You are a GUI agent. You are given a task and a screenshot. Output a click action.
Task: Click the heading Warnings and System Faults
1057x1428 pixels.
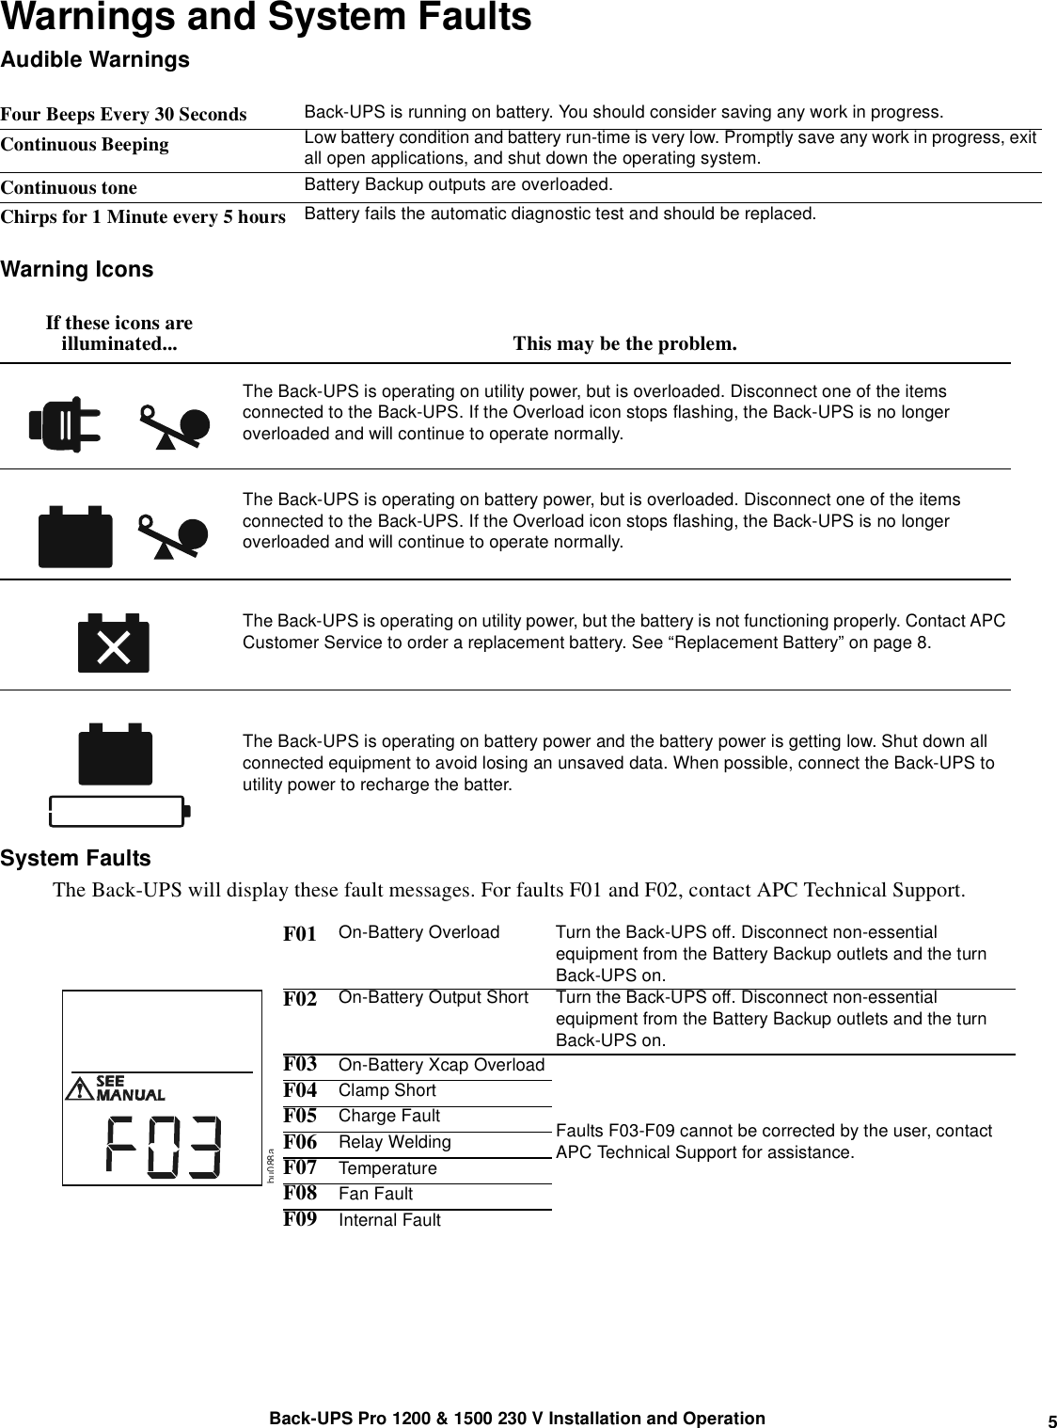266,18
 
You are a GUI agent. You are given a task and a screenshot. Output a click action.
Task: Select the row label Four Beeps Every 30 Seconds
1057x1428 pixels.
123,115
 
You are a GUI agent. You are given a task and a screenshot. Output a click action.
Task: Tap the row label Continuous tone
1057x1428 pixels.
69,188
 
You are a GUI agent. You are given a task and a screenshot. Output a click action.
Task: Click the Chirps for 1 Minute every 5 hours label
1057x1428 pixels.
143,217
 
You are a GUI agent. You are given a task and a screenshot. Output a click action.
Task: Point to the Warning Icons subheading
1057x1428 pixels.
77,270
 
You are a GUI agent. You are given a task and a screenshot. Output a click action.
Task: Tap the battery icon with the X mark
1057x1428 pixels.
113,643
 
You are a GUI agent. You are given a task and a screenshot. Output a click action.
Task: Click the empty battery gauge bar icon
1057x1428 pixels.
119,811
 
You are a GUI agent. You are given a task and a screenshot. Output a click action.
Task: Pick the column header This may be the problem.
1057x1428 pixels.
624,344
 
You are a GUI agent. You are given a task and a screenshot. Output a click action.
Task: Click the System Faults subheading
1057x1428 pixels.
75,859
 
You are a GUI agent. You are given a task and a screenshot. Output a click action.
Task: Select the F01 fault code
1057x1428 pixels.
300,935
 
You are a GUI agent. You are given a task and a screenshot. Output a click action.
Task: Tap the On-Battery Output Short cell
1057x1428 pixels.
433,997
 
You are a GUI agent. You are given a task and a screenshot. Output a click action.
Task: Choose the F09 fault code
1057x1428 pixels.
300,1219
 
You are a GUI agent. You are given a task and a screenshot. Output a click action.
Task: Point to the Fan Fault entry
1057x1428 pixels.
375,1194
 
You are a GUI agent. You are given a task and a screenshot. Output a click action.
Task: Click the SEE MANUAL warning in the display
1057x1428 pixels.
130,1088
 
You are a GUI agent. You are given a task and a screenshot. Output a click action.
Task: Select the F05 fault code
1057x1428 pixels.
300,1116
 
